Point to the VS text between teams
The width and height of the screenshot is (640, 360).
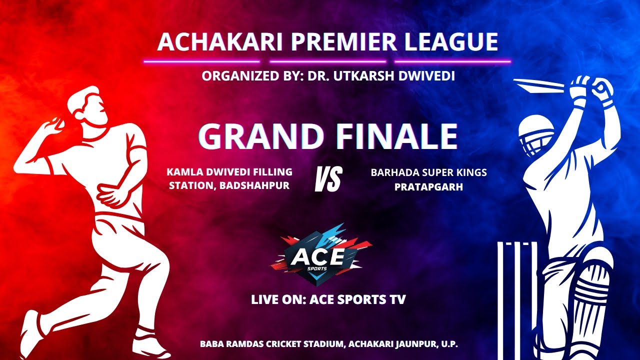(x=328, y=179)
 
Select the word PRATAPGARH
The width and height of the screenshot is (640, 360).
(x=428, y=187)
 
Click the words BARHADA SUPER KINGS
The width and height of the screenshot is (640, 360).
(x=428, y=172)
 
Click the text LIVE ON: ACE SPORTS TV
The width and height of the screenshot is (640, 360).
(x=328, y=300)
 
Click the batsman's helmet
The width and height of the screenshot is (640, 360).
(x=536, y=132)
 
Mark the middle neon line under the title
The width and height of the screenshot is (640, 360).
(x=327, y=62)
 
